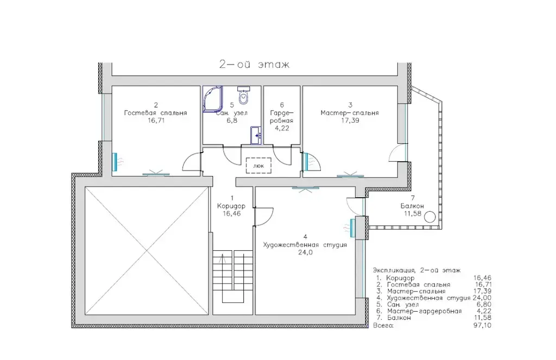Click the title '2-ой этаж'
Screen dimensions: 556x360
(254, 64)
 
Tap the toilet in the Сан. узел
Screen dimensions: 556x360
(244, 95)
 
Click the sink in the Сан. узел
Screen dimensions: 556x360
(256, 135)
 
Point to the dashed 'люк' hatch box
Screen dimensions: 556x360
(258, 165)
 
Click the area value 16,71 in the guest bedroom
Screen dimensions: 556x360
(156, 121)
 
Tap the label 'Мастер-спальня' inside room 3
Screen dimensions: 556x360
(350, 113)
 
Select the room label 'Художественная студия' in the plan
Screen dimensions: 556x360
(305, 245)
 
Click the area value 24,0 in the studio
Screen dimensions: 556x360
(305, 252)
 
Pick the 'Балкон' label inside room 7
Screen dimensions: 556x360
(413, 206)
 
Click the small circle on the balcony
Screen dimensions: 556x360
(430, 217)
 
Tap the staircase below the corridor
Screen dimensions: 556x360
(232, 276)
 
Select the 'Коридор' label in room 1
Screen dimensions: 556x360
(231, 206)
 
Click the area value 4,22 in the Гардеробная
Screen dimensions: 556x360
(282, 128)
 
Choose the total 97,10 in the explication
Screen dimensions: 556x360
(482, 325)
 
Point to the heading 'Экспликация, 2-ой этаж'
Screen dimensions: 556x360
(417, 270)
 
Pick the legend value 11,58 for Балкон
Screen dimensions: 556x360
(482, 318)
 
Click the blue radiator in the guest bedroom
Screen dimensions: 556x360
(115, 162)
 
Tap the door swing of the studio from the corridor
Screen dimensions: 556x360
(264, 217)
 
